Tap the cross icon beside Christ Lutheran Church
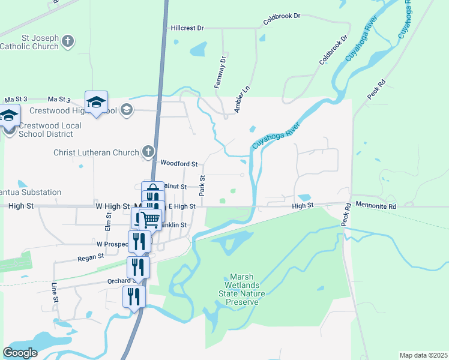point(149,152)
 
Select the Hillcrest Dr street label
point(187,28)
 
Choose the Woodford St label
point(179,163)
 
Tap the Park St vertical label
point(202,185)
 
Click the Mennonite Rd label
point(376,206)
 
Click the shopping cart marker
point(149,220)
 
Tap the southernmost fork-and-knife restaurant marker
point(134,296)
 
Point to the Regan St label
point(91,256)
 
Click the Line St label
point(54,293)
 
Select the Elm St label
point(109,221)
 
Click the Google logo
point(20,352)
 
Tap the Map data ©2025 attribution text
point(423,355)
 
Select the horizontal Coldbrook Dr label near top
point(281,16)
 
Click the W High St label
point(113,206)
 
